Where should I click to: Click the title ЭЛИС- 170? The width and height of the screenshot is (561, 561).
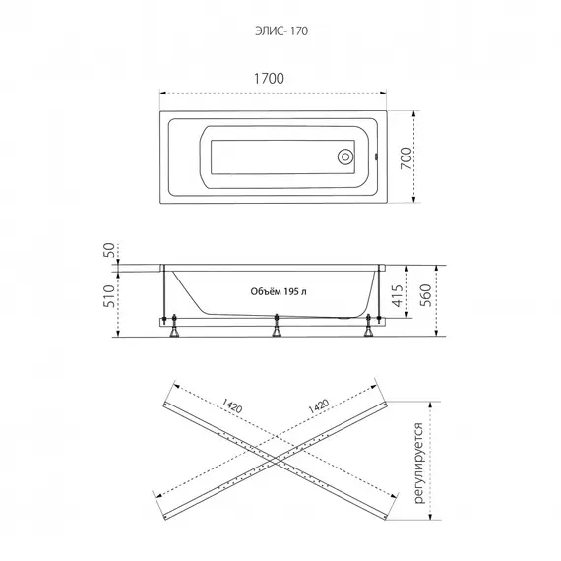[281, 31]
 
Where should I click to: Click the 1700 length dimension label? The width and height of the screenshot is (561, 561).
[269, 79]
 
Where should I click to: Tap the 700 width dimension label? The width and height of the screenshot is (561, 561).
[405, 158]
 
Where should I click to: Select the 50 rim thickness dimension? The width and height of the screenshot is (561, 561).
[109, 250]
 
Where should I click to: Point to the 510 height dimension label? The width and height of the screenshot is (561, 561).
[109, 296]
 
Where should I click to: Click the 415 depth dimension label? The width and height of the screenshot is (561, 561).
[398, 295]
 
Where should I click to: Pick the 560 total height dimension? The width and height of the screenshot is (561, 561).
[426, 295]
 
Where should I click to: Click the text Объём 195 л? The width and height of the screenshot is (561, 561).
[279, 291]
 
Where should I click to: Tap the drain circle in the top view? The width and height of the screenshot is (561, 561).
[345, 156]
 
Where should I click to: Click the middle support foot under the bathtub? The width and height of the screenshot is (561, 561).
[277, 326]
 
